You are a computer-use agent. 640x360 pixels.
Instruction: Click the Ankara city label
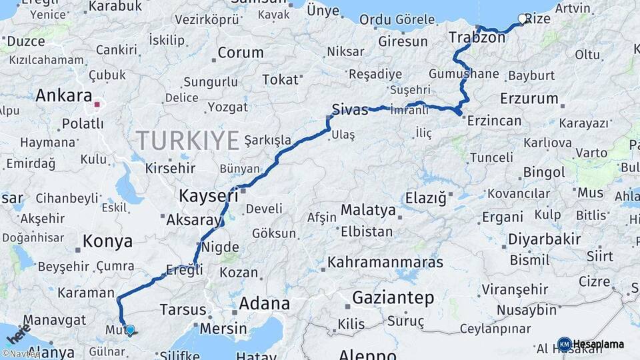pyautogui.click(x=63, y=95)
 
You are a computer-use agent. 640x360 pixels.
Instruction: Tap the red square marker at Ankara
pyautogui.click(x=97, y=104)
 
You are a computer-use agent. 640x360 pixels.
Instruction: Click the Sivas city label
pyautogui.click(x=351, y=110)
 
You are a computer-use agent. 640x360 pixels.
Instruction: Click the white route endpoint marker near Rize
pyautogui.click(x=522, y=19)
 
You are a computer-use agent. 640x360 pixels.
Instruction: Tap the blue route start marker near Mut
pyautogui.click(x=130, y=330)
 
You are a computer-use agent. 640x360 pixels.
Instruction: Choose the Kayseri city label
pyautogui.click(x=208, y=196)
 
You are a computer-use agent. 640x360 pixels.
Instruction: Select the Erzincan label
pyautogui.click(x=494, y=121)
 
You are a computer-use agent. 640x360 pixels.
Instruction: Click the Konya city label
pyautogui.click(x=107, y=241)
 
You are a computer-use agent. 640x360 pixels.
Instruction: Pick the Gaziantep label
pyautogui.click(x=393, y=297)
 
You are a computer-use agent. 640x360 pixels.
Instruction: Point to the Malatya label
pyautogui.click(x=368, y=210)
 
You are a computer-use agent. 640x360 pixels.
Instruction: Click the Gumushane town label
pyautogui.click(x=464, y=73)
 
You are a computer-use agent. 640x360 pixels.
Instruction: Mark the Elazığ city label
pyautogui.click(x=425, y=198)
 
